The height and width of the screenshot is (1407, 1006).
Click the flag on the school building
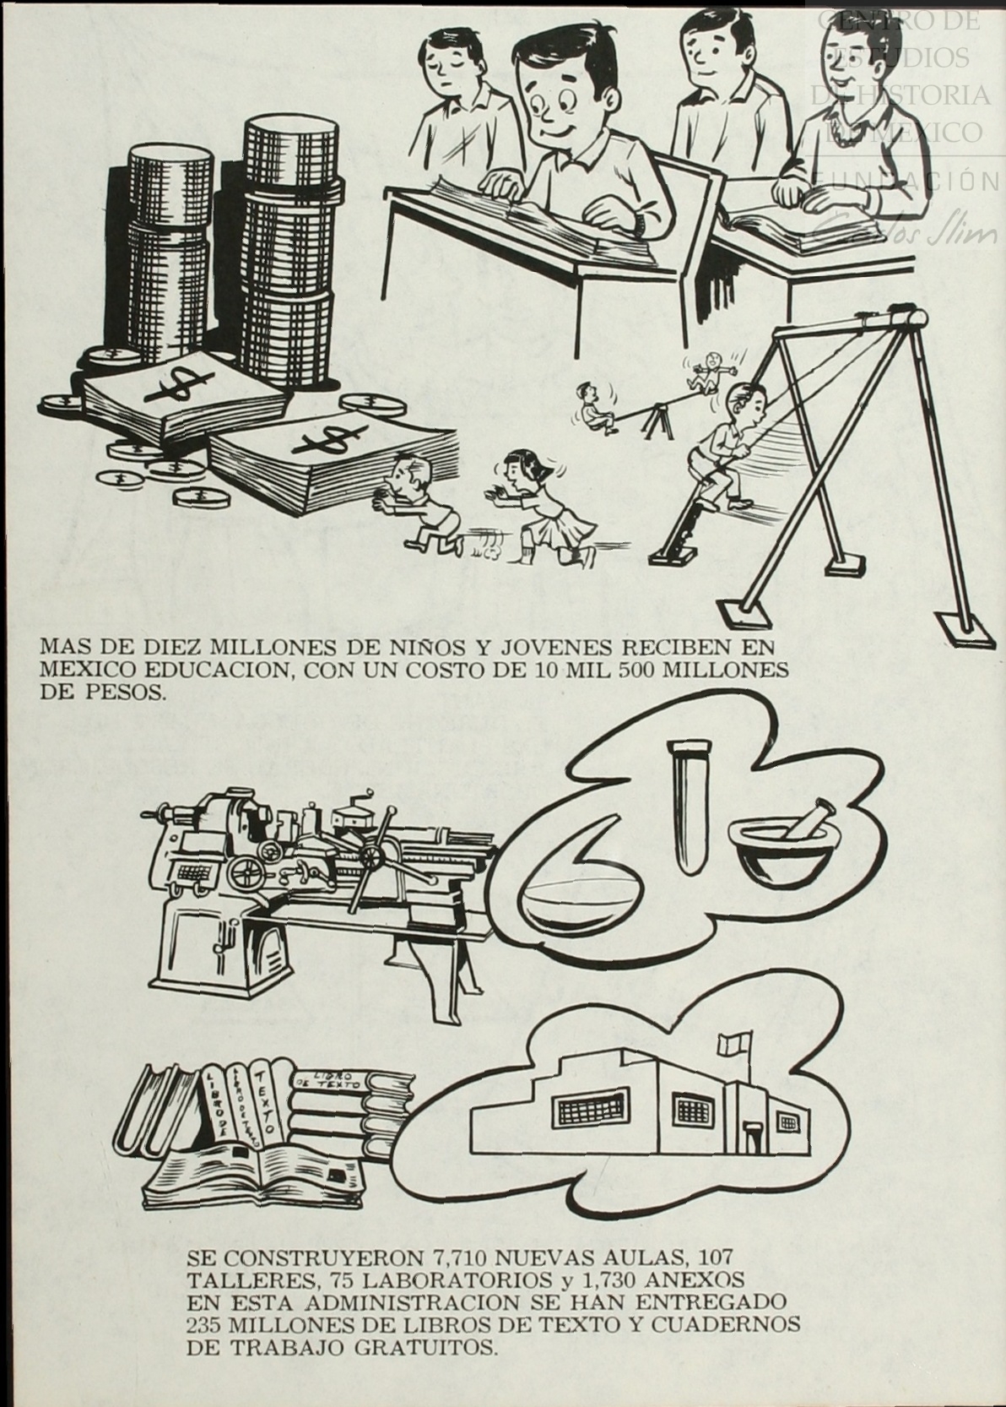click(x=728, y=1043)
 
